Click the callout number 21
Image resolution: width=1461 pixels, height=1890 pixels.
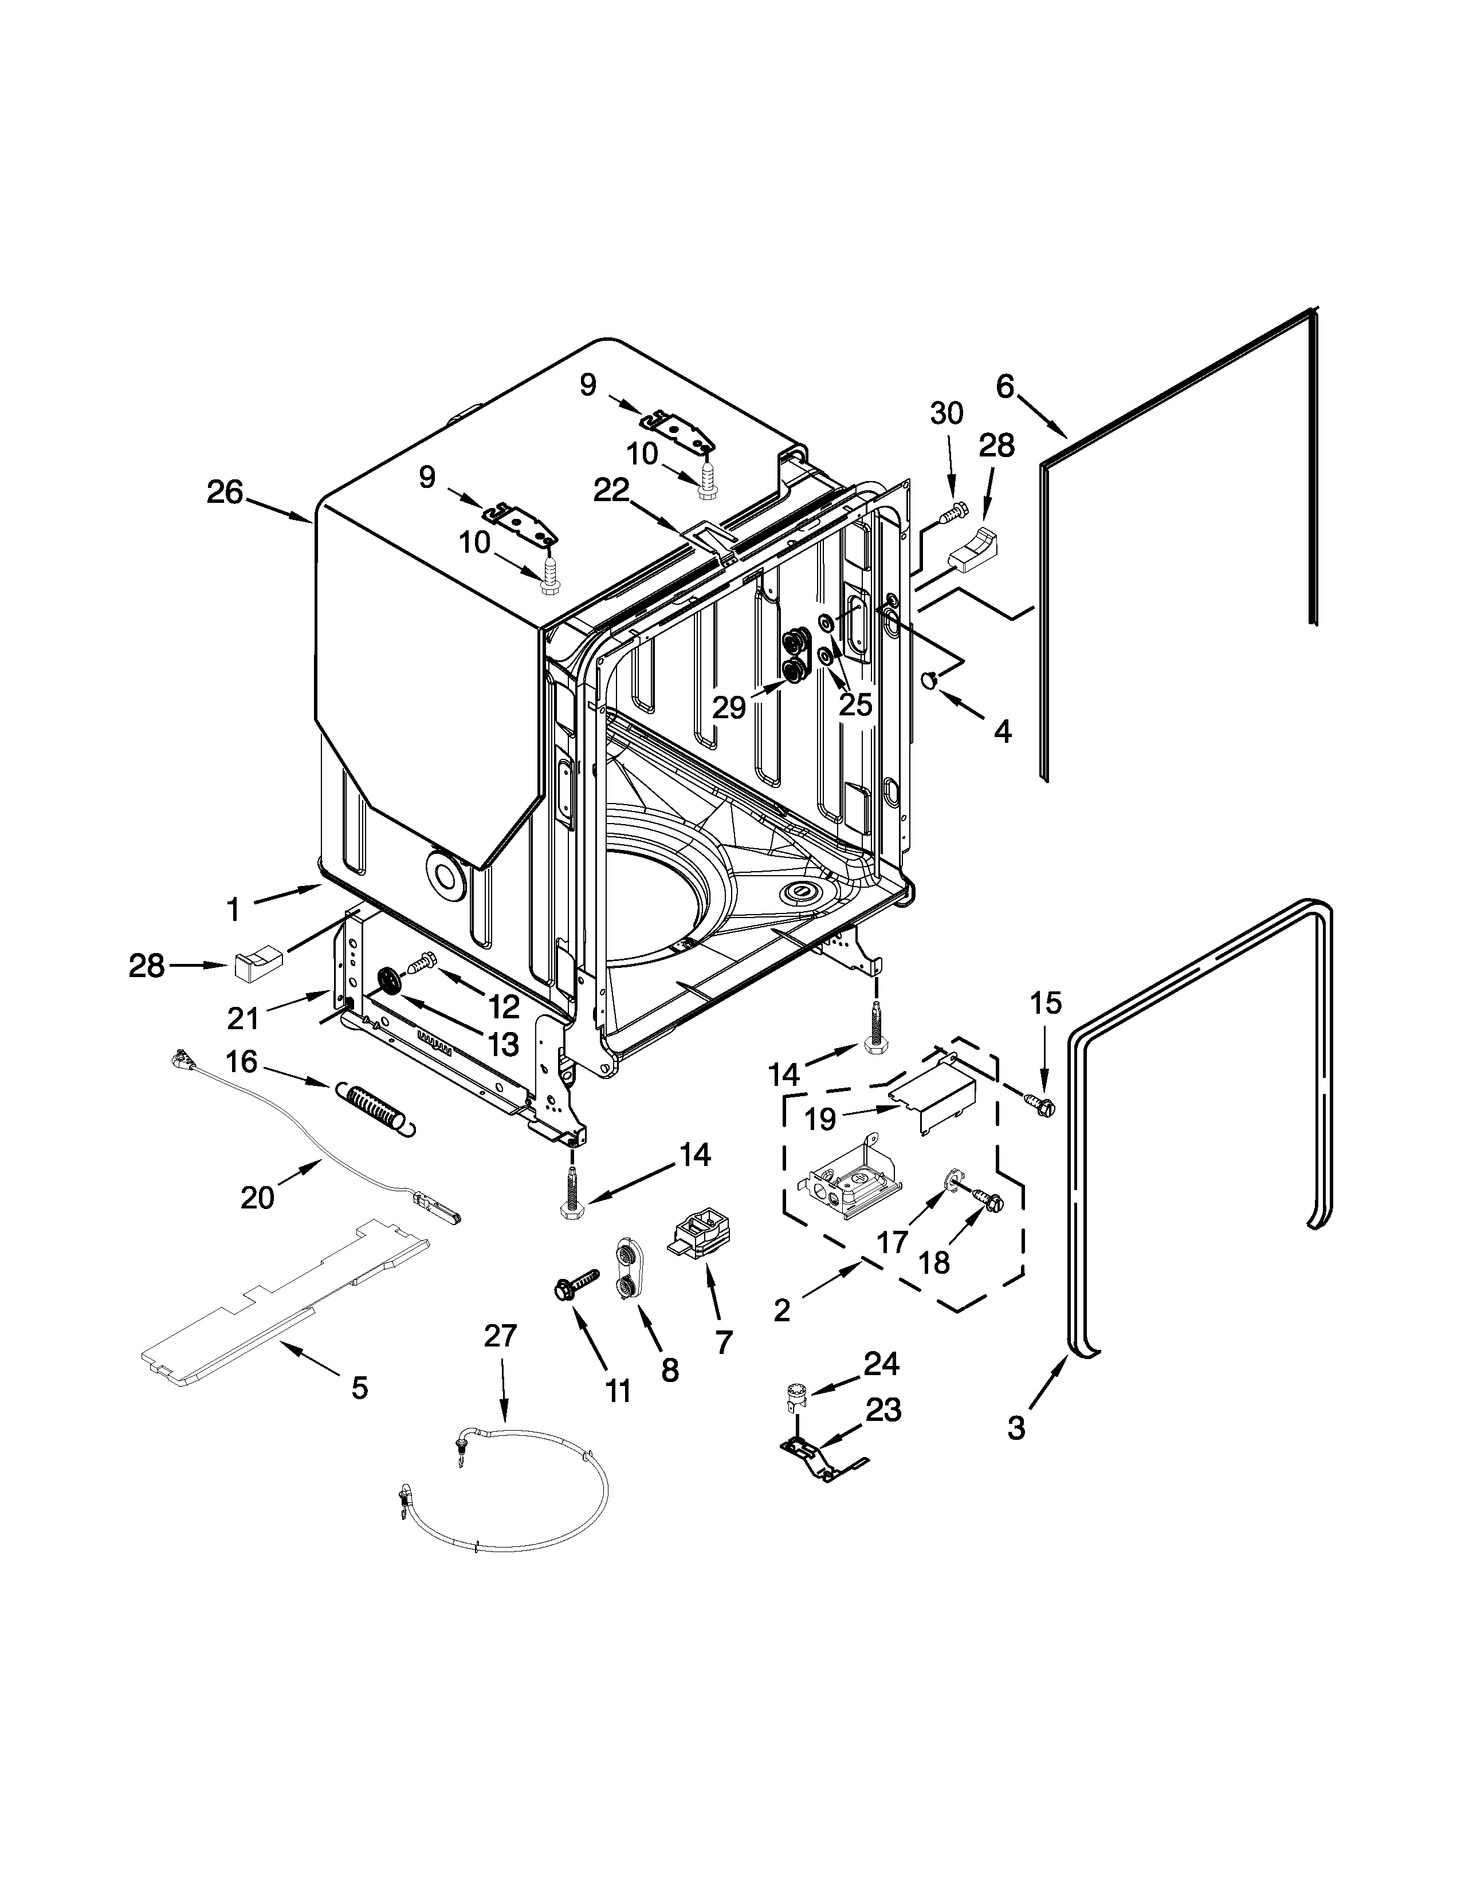(243, 1018)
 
